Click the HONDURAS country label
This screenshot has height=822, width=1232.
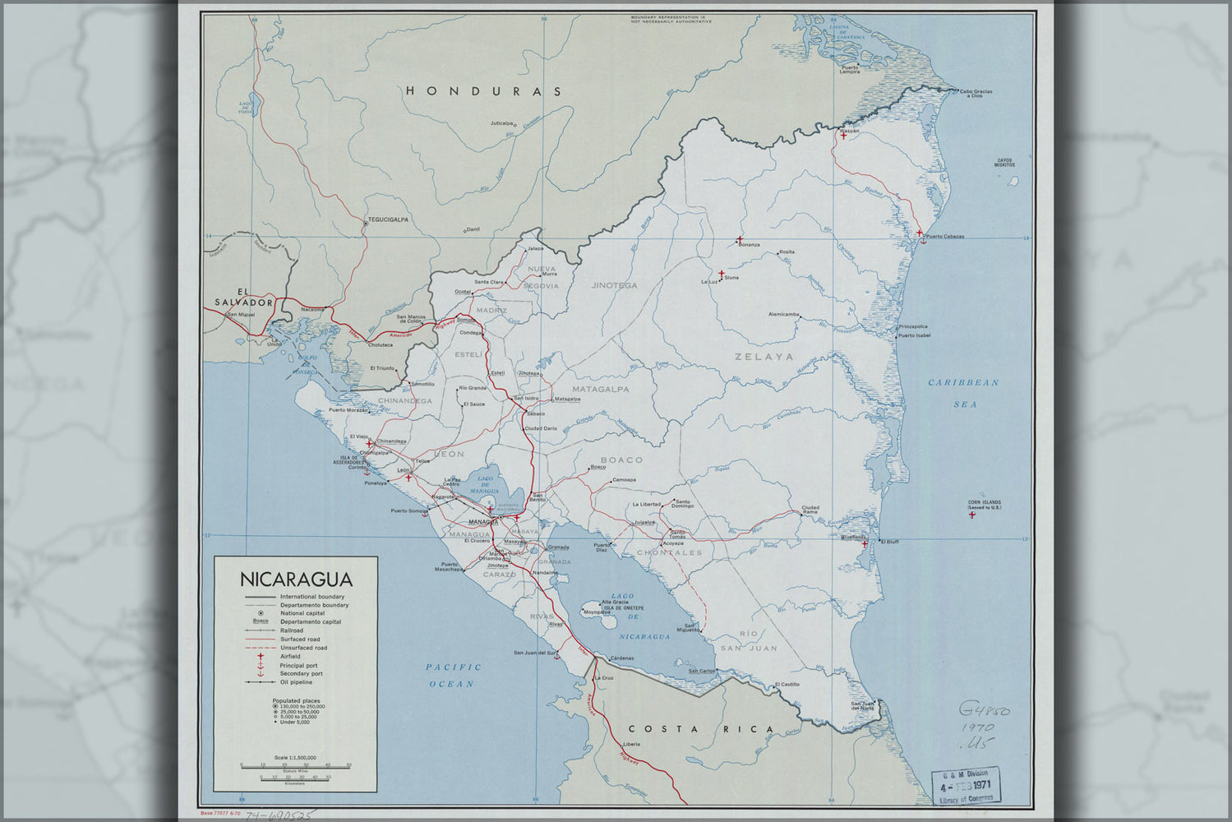(x=484, y=91)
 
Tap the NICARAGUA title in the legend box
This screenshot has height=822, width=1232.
(x=295, y=579)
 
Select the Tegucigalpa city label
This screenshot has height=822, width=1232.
(x=388, y=219)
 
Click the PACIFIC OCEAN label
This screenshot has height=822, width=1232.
(x=454, y=675)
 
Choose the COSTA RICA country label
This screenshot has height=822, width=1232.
(x=701, y=729)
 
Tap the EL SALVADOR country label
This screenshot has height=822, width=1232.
(x=242, y=297)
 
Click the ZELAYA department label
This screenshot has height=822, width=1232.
(x=764, y=357)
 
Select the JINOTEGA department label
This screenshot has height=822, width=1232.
(x=614, y=285)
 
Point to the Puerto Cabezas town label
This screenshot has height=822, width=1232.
(x=944, y=237)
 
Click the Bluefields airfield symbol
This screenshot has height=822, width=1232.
(x=864, y=543)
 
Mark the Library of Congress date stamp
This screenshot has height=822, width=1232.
(x=966, y=786)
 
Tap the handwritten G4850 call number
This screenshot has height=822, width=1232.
(x=983, y=710)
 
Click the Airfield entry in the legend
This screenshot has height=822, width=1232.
(x=290, y=657)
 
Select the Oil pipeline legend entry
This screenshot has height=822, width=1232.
(x=296, y=682)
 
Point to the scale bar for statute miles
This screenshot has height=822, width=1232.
(x=295, y=765)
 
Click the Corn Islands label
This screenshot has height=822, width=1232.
(x=984, y=505)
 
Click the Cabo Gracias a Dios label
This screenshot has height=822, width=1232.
(x=976, y=93)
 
